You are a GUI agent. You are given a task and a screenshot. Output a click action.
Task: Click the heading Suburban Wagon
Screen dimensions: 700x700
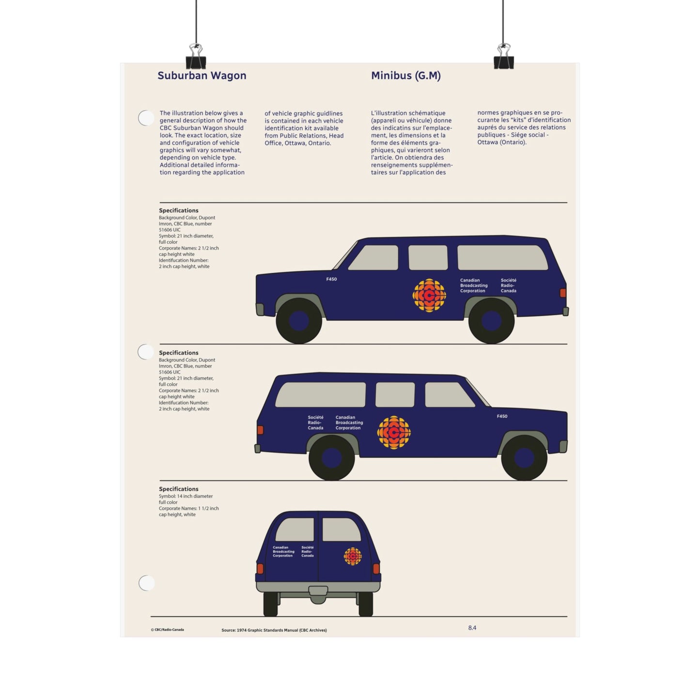pyautogui.click(x=202, y=76)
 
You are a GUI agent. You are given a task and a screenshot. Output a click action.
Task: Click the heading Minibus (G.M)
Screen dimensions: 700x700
pyautogui.click(x=406, y=76)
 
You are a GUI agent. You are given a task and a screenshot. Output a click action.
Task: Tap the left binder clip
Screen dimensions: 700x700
pyautogui.click(x=196, y=57)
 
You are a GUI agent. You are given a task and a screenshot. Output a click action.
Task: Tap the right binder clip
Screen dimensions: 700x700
pyautogui.click(x=503, y=57)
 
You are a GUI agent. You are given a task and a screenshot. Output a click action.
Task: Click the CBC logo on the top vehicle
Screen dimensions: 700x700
pyautogui.click(x=429, y=296)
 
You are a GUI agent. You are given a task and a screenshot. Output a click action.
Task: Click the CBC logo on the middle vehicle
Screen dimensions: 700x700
pyautogui.click(x=394, y=432)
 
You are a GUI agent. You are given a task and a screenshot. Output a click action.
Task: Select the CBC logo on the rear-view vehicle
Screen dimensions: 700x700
pyautogui.click(x=353, y=556)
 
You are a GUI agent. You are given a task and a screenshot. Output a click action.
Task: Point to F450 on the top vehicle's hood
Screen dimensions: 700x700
pyautogui.click(x=331, y=279)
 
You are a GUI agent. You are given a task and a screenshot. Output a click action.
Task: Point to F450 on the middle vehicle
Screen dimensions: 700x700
pyautogui.click(x=502, y=416)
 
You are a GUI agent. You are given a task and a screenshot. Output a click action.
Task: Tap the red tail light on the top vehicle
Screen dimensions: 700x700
pyautogui.click(x=563, y=293)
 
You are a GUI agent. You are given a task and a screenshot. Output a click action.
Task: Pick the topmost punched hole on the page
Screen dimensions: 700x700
pyautogui.click(x=146, y=118)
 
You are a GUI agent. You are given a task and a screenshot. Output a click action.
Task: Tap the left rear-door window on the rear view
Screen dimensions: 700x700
pyautogui.click(x=295, y=529)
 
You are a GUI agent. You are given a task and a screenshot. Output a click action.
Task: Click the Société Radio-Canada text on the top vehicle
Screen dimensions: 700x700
pyautogui.click(x=508, y=285)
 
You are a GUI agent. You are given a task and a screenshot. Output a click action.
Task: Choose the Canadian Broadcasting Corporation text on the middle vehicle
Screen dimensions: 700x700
pyautogui.click(x=349, y=422)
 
